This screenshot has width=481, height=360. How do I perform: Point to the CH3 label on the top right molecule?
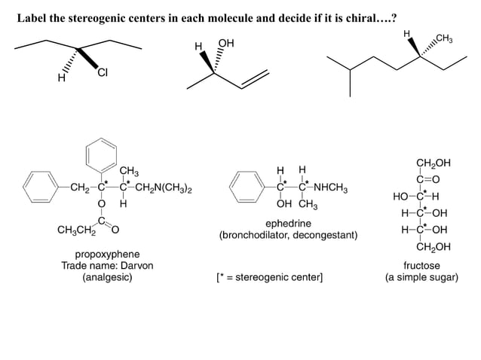click(x=443, y=38)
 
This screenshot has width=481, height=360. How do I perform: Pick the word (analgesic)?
click(x=106, y=277)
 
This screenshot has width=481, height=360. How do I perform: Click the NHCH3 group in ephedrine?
click(x=332, y=188)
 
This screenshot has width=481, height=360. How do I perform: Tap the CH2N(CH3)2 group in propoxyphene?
click(x=165, y=188)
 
